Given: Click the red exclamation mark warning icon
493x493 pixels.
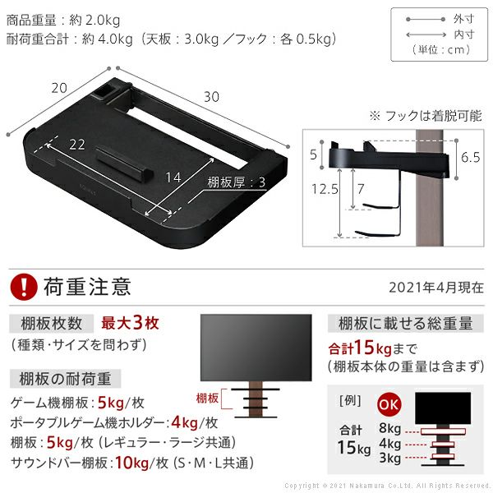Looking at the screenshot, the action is tap(24, 287).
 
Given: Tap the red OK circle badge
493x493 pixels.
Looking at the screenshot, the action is tap(389, 404).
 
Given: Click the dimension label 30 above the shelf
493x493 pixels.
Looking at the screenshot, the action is tap(211, 97).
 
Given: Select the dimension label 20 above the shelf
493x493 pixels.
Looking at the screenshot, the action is tap(59, 88).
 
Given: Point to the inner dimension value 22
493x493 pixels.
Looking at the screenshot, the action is tap(77, 145).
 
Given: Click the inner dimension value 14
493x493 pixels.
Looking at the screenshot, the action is tap(173, 177).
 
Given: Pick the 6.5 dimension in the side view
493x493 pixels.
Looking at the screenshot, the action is tap(470, 157).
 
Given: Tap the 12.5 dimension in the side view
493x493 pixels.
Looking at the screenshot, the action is tap(325, 189).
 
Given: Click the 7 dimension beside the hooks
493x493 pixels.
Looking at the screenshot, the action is tap(361, 189).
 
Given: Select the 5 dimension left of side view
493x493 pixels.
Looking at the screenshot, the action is tap(313, 154).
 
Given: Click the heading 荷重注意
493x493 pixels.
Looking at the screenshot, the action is tap(87, 287).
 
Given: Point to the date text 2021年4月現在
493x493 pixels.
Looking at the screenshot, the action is tap(436, 288).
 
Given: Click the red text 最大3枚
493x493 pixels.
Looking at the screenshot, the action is tap(130, 323).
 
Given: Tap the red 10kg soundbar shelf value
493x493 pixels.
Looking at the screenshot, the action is tap(131, 463).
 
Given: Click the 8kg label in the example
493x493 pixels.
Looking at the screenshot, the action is tap(389, 428).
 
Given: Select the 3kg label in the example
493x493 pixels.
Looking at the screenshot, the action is tap(389, 458).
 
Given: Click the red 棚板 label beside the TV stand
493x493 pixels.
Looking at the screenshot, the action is tap(207, 399).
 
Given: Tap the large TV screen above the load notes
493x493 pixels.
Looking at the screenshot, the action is tap(256, 348).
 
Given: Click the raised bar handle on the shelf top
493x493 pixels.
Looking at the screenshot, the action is tap(124, 161).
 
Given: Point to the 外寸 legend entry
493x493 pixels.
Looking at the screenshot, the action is tap(463, 19).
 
